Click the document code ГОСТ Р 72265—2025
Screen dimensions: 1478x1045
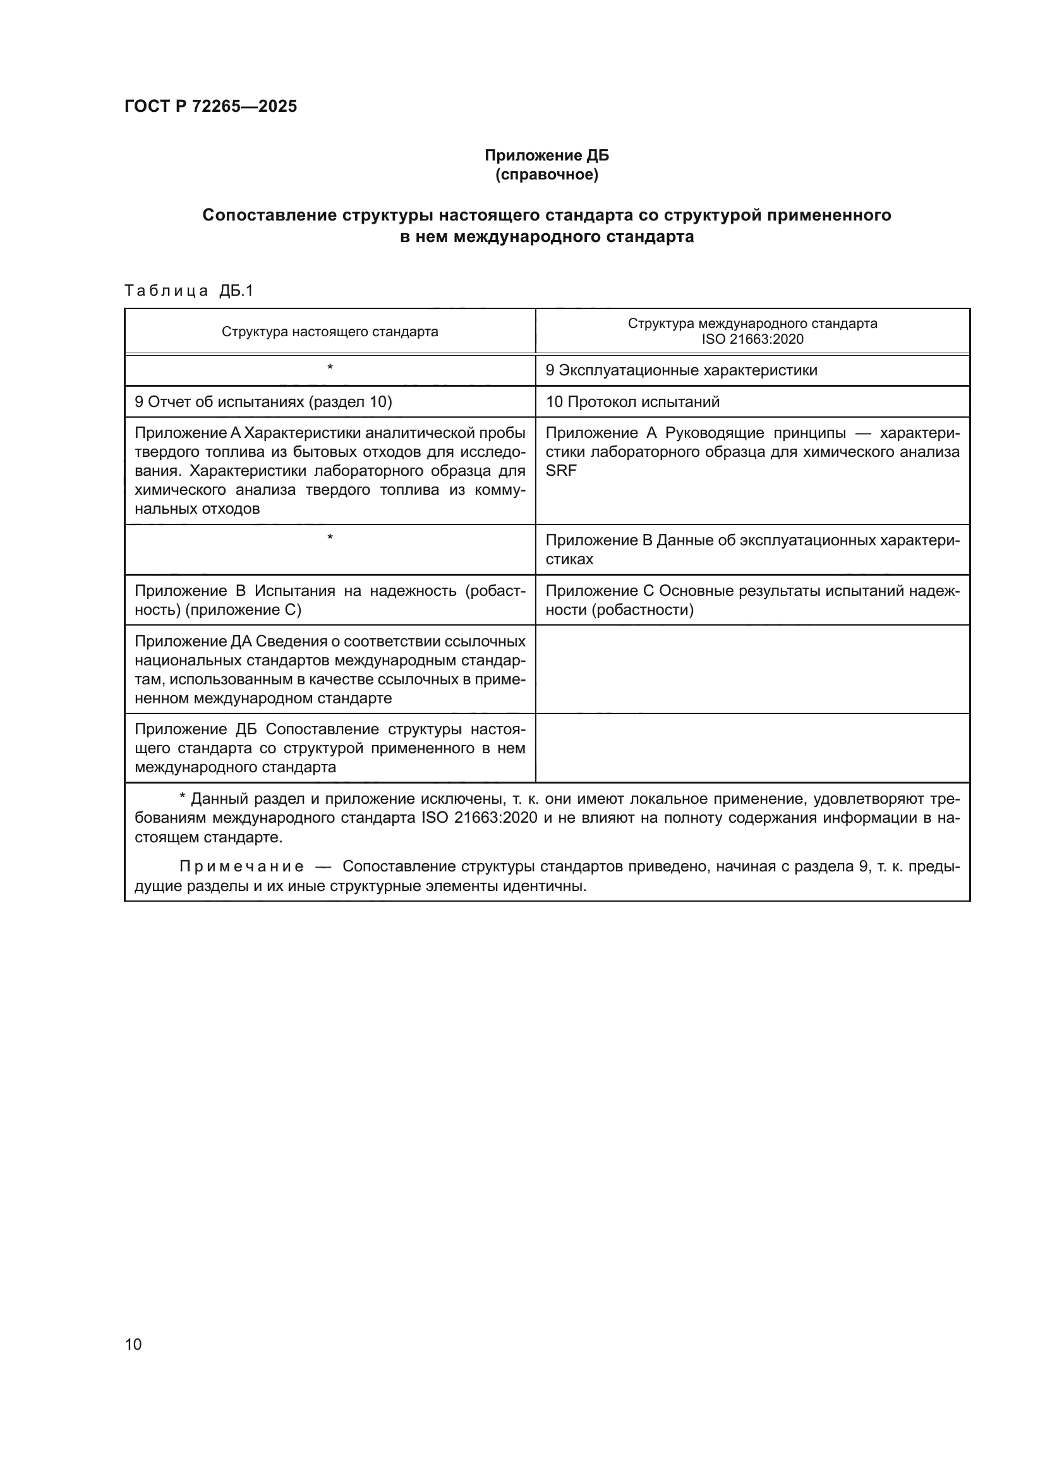click(210, 106)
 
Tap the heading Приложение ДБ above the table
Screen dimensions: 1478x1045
click(547, 155)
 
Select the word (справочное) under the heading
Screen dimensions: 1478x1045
click(547, 174)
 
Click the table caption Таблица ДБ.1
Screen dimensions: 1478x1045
click(188, 291)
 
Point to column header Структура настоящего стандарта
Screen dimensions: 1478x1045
click(329, 332)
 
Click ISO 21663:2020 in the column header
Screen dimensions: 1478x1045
click(752, 339)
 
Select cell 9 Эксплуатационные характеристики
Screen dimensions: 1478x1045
click(682, 370)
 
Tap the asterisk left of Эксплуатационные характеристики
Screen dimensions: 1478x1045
click(329, 368)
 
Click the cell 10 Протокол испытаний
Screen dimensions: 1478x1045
click(632, 402)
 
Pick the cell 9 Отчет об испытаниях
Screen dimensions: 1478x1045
click(263, 402)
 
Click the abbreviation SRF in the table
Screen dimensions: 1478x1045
click(561, 471)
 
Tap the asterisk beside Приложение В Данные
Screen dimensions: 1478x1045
click(329, 538)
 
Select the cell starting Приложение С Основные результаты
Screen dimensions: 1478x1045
click(752, 600)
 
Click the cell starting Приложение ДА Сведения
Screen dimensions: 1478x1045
click(329, 669)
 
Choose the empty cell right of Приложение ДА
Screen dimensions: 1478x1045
click(752, 669)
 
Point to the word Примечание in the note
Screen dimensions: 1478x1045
click(241, 866)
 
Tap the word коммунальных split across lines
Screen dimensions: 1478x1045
click(498, 490)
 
